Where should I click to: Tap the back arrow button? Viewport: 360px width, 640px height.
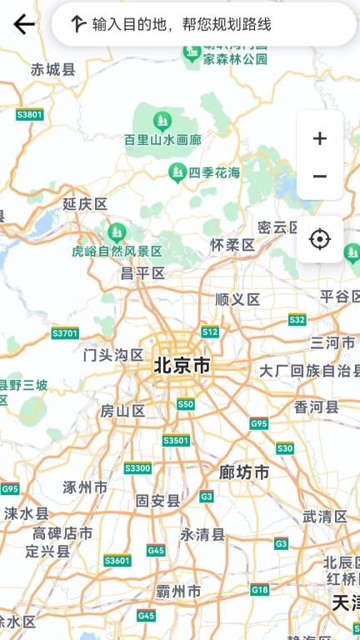24,24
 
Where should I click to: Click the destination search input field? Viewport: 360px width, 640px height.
204,24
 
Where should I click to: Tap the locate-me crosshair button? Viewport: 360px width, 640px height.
320,240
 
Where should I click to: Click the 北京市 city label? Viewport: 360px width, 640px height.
182,365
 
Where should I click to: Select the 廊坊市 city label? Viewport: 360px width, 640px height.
244,472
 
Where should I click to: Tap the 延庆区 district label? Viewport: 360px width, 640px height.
86,204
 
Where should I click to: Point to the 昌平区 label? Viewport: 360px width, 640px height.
142,272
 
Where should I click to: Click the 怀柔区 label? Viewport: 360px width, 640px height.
232,245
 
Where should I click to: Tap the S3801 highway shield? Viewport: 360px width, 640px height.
29,114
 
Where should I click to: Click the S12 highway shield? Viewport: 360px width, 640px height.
210,332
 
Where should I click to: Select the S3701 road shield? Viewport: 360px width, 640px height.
65,333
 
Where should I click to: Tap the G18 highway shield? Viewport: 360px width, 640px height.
260,590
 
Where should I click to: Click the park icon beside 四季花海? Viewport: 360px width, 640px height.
177,172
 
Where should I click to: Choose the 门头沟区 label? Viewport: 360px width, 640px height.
114,355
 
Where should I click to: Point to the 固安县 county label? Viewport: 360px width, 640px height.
158,500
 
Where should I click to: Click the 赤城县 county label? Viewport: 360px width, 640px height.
53,70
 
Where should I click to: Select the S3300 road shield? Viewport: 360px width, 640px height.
137,468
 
